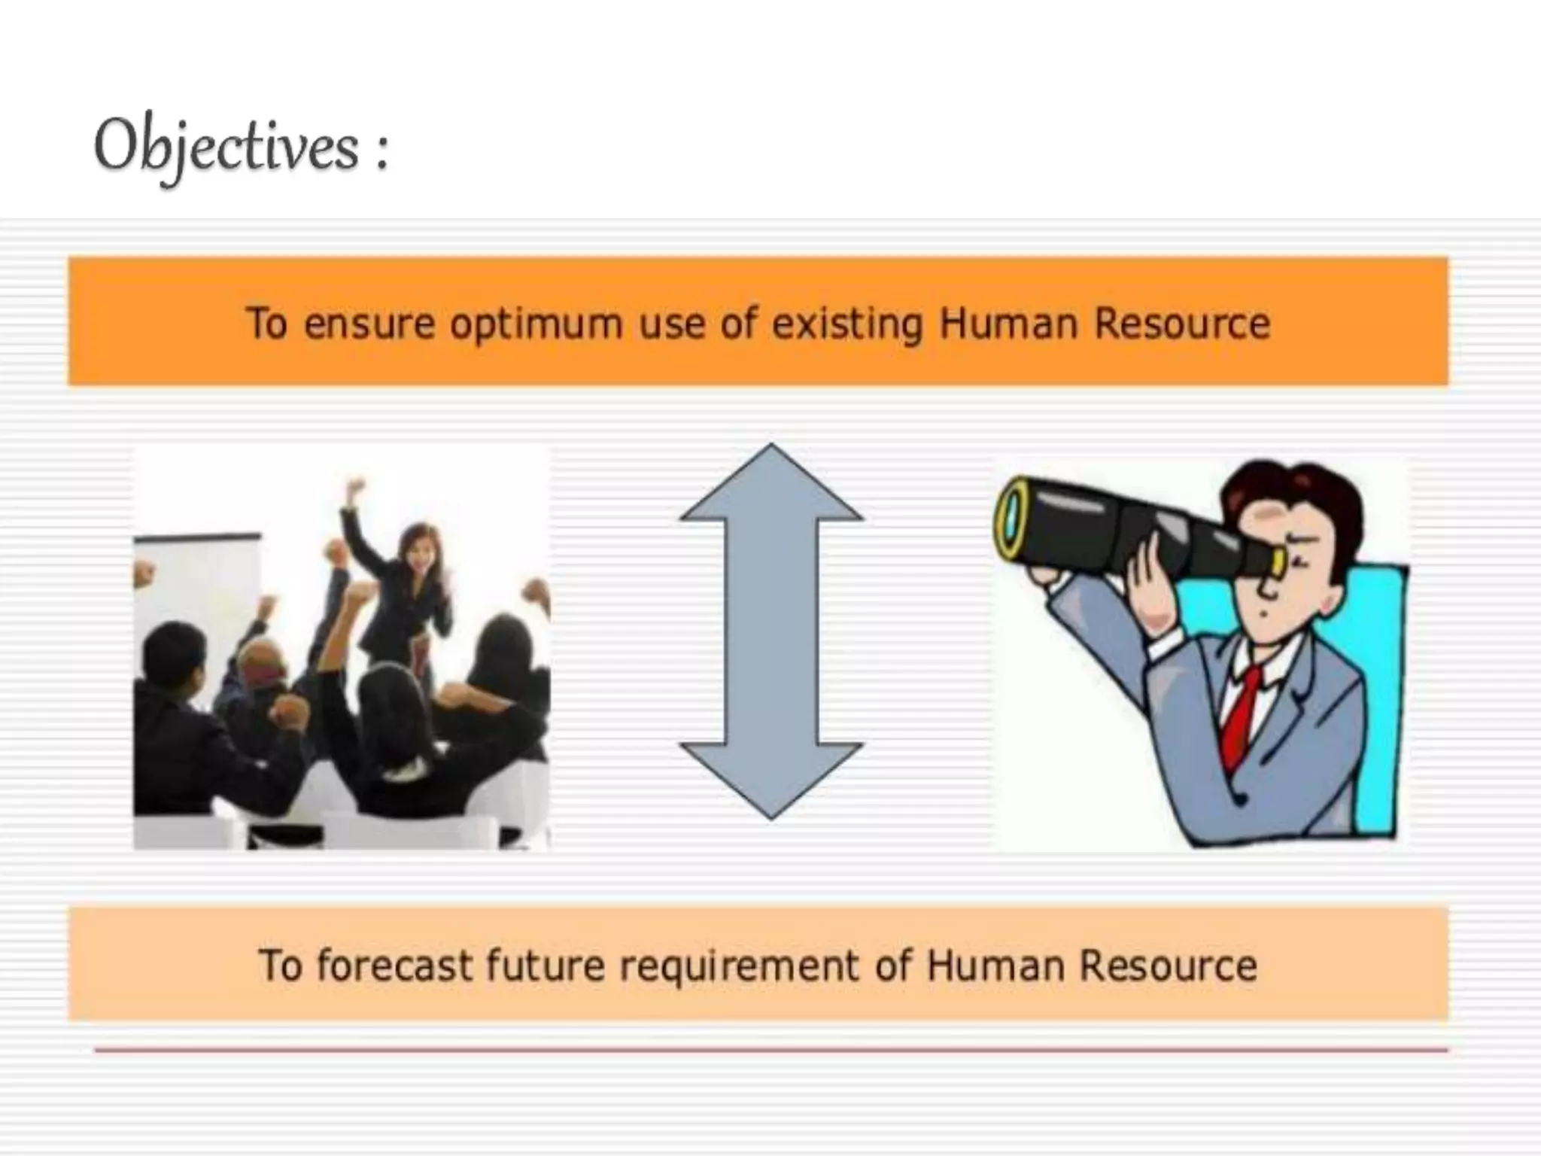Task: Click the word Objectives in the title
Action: click(226, 147)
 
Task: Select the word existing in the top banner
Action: click(846, 324)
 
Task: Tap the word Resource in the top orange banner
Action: click(1181, 324)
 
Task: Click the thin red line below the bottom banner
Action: click(770, 1049)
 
